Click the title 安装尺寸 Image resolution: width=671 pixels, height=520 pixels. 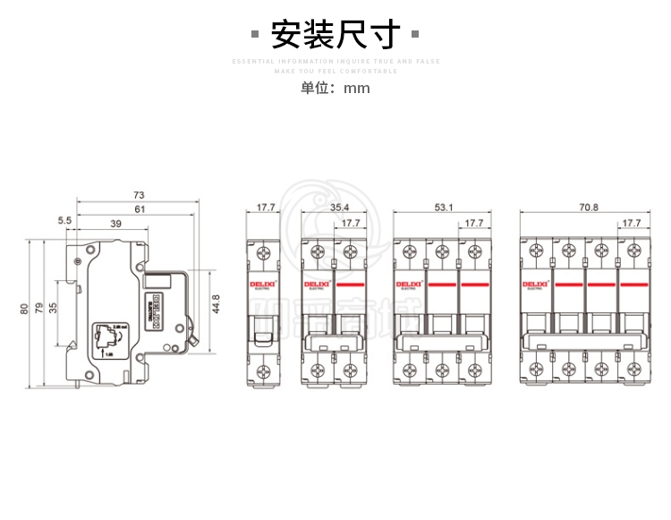(x=335, y=35)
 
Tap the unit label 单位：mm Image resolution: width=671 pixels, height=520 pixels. (x=335, y=88)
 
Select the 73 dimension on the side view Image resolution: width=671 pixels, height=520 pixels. (x=139, y=194)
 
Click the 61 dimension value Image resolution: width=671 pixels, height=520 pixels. (x=139, y=209)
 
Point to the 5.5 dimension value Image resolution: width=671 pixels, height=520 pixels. (x=64, y=220)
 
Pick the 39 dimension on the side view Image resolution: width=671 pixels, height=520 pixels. (x=115, y=223)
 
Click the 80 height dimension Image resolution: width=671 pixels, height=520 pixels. (x=24, y=310)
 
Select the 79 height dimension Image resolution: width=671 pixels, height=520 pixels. (x=38, y=310)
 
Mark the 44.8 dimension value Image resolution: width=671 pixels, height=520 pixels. (x=215, y=303)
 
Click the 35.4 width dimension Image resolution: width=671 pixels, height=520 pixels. (x=340, y=208)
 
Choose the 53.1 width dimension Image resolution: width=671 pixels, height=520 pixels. (x=444, y=208)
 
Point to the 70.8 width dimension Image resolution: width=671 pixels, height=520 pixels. (x=588, y=208)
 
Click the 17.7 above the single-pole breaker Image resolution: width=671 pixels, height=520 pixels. (x=266, y=208)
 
